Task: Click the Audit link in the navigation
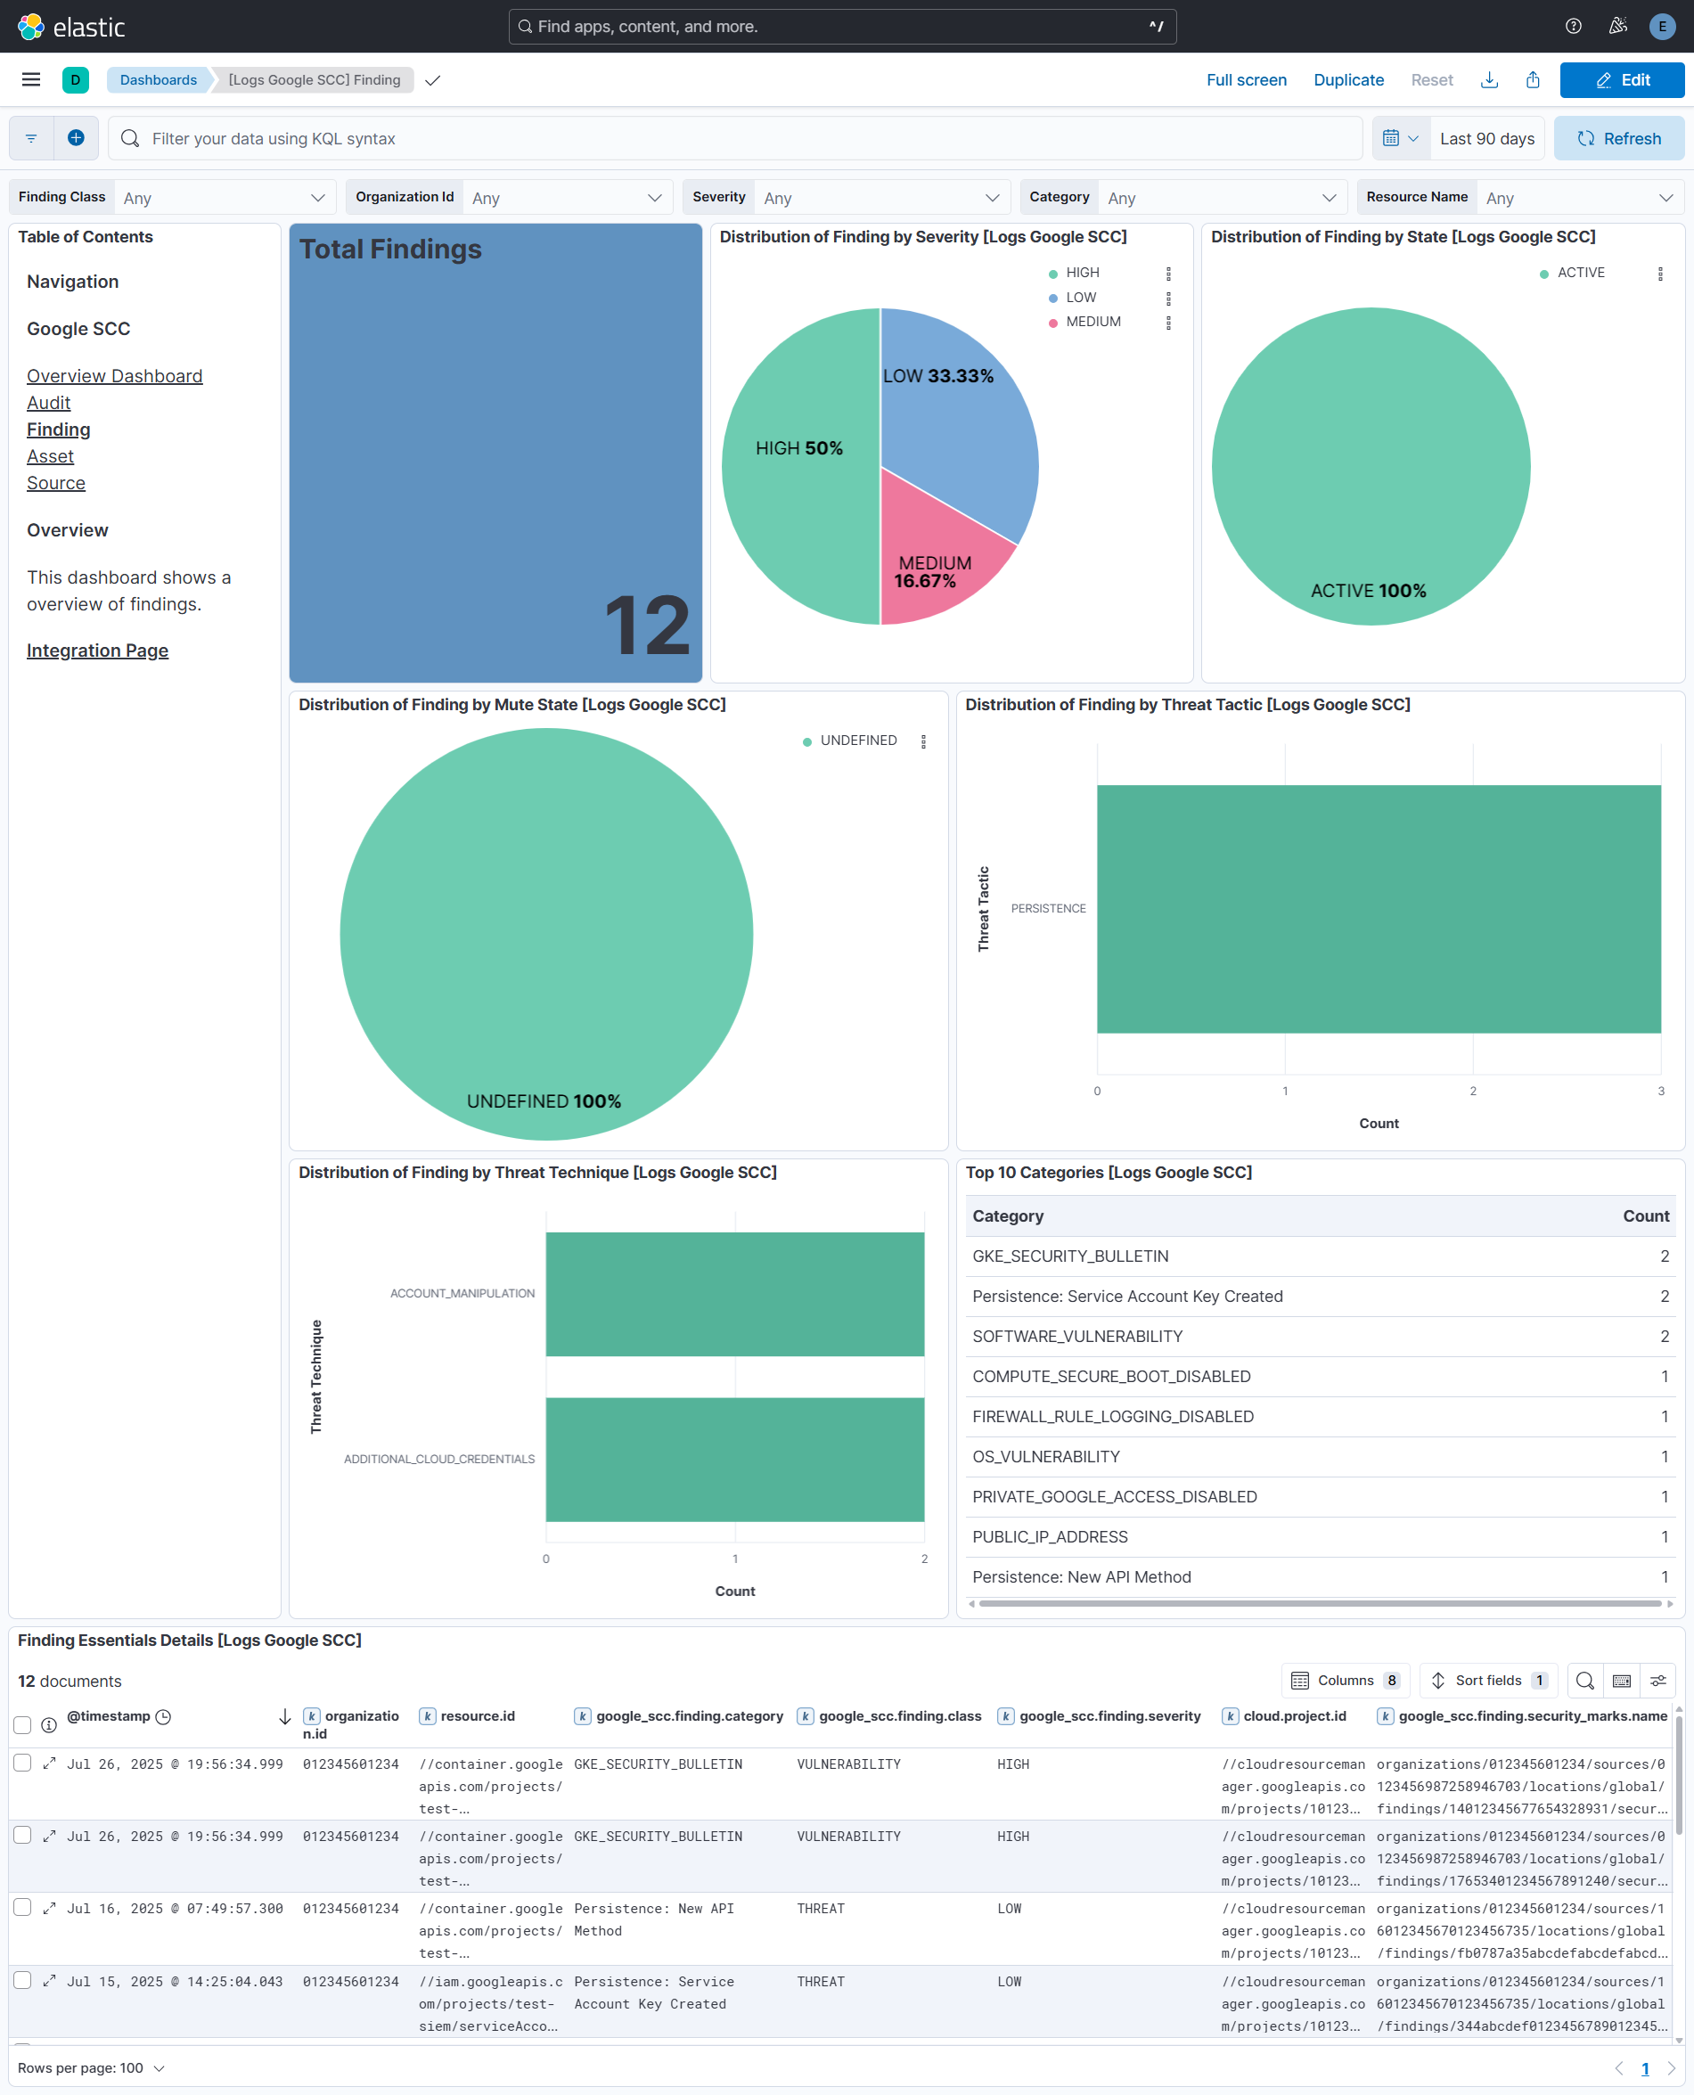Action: pos(49,403)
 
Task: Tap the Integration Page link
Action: pos(98,651)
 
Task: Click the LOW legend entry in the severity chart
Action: pos(1080,298)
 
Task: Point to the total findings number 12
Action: pos(647,626)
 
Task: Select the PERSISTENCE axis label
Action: pos(1048,908)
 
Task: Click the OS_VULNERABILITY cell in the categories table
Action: pos(1046,1457)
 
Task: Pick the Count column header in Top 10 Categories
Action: pos(1645,1215)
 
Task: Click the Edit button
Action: pos(1622,80)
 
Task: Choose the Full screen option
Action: pos(1246,80)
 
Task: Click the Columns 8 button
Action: pos(1345,1681)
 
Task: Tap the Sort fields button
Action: pos(1488,1681)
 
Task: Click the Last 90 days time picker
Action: pos(1486,138)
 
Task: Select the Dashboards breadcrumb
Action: pos(158,80)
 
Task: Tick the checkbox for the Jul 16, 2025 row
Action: pos(22,1908)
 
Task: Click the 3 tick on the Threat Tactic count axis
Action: pos(1661,1091)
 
